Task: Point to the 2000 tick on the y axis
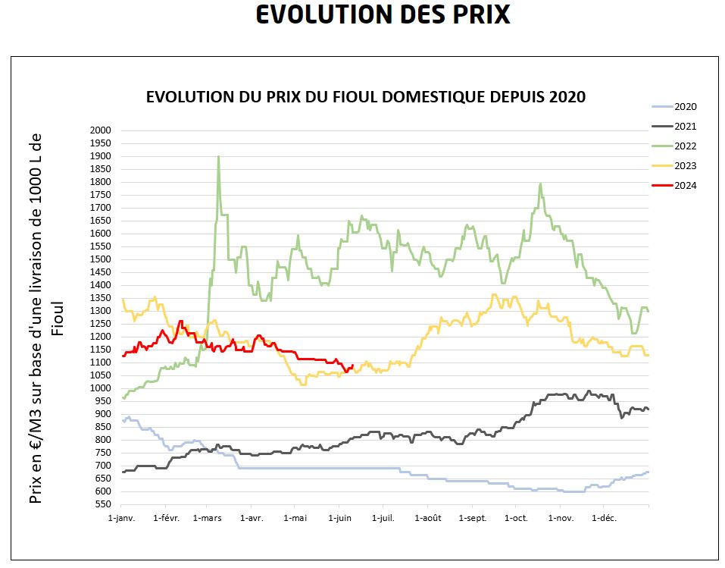coord(101,130)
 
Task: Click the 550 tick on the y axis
coord(104,504)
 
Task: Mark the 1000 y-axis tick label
coord(101,388)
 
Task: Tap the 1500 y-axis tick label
coord(101,259)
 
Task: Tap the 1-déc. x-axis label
coord(605,519)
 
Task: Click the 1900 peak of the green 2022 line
coord(218,157)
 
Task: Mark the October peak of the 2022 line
coord(540,184)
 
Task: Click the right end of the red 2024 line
coord(352,366)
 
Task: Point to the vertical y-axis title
coord(45,319)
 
